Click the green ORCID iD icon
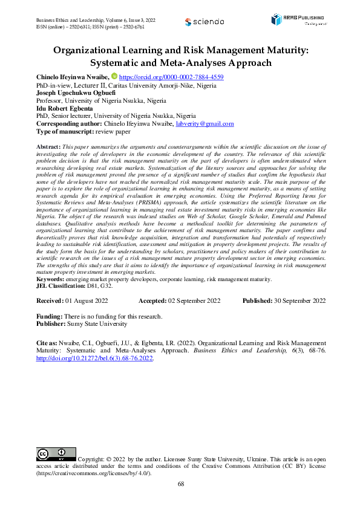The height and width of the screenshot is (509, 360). point(115,77)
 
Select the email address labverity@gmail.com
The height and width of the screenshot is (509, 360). point(205,123)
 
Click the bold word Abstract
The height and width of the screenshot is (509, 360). point(48,148)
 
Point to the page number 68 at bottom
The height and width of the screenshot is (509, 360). point(180,484)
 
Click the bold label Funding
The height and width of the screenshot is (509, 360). point(50,316)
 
